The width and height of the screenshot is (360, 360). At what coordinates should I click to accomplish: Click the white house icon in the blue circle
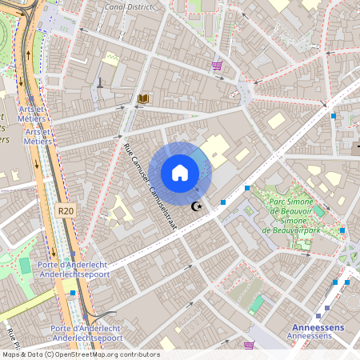pos(180,173)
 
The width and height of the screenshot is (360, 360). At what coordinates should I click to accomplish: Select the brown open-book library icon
pos(143,98)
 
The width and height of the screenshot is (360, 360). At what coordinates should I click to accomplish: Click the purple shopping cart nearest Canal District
pos(217,66)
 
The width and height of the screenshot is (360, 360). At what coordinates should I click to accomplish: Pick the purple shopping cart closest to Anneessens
pos(249,345)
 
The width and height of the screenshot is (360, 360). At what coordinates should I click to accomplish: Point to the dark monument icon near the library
pos(100,82)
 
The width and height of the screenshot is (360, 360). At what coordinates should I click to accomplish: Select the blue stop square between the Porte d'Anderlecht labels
pos(73,294)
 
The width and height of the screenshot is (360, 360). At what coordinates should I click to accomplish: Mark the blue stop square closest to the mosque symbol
pos(222,202)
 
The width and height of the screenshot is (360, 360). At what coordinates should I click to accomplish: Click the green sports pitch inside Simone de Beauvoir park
pos(313,210)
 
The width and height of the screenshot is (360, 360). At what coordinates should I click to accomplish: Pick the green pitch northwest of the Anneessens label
pos(256,304)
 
